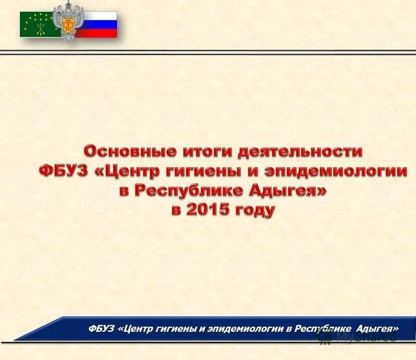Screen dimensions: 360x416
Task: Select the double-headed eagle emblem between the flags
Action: [68, 21]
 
